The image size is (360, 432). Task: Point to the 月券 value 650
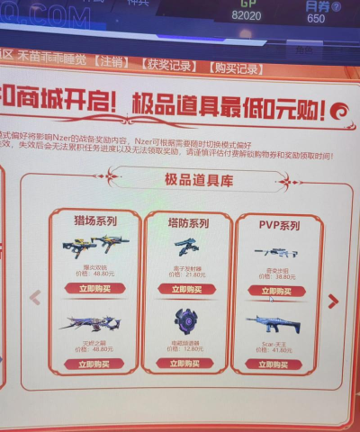(x=317, y=18)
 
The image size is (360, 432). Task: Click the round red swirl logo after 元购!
(x=341, y=113)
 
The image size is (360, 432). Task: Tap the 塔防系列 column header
(x=187, y=222)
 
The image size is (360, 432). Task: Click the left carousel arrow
(x=35, y=296)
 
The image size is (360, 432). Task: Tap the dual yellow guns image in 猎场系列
(x=96, y=246)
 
